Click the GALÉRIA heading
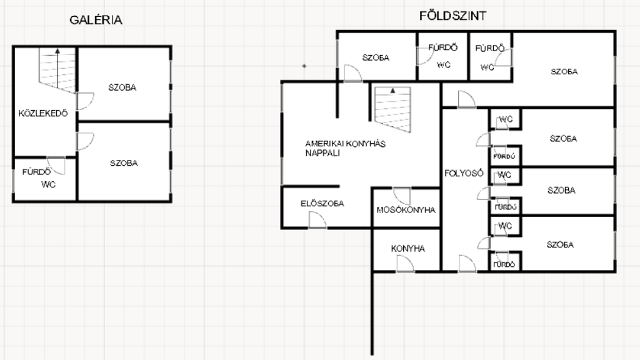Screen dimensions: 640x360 [x=96, y=19]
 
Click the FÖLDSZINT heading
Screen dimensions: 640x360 [x=452, y=16]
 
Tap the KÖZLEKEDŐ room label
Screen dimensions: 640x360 [x=43, y=114]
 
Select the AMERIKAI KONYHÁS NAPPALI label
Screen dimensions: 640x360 [x=345, y=148]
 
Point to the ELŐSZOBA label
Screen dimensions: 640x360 [x=322, y=203]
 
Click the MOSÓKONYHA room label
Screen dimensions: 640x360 [x=406, y=210]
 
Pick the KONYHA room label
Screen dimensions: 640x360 [x=407, y=249]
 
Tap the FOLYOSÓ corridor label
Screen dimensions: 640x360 [x=464, y=174]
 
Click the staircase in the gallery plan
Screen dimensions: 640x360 [x=57, y=70]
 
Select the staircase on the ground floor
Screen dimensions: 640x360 [x=392, y=109]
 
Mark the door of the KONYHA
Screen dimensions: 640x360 [x=405, y=264]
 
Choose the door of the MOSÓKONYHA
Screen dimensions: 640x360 [x=402, y=196]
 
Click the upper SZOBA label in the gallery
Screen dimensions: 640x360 [x=122, y=87]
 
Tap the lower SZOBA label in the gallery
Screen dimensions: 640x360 [x=124, y=163]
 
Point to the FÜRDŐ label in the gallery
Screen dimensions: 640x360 [x=36, y=172]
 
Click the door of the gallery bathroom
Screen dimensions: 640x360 [x=56, y=166]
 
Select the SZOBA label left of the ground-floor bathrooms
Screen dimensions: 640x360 [x=376, y=57]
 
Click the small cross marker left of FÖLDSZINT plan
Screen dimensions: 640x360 [x=304, y=66]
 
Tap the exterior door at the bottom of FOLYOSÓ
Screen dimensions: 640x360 [x=467, y=264]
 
